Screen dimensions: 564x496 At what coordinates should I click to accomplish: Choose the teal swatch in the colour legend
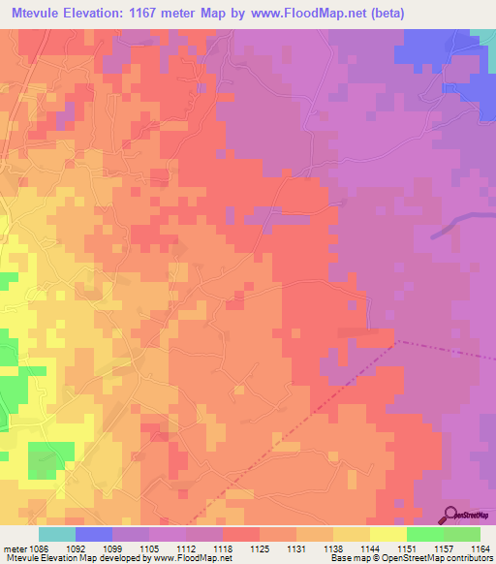[56, 534]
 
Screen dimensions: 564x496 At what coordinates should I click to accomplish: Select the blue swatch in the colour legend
[93, 534]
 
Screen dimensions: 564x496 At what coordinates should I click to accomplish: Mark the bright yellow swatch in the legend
[387, 534]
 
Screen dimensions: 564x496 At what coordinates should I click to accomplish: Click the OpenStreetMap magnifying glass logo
[451, 515]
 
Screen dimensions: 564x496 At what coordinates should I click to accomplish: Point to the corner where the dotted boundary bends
[398, 341]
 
